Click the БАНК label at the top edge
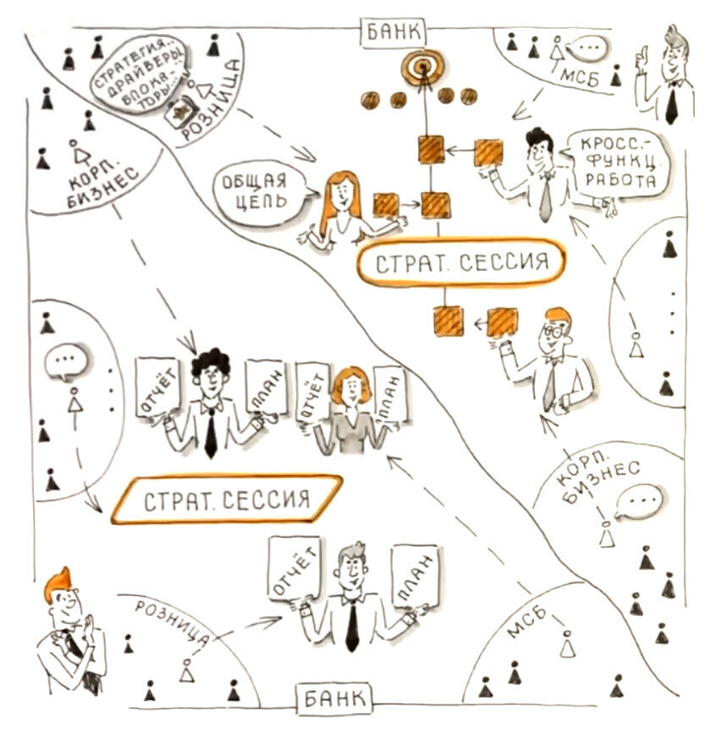[x=394, y=33]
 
